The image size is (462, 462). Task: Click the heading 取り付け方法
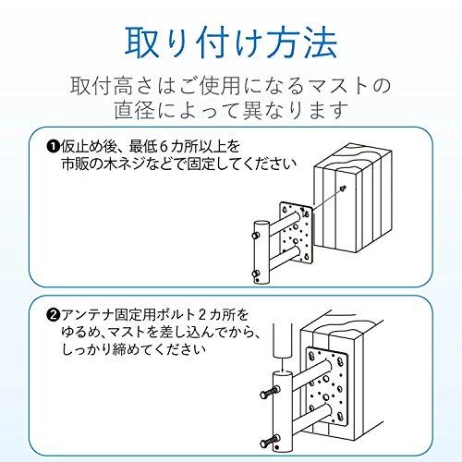click(231, 42)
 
